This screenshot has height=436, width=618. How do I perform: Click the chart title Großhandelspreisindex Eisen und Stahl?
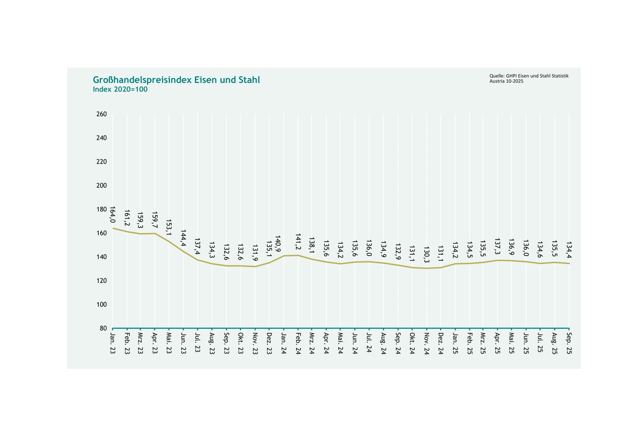(176, 80)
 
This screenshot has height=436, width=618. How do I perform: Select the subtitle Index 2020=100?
(120, 89)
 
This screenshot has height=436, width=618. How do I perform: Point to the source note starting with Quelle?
(529, 78)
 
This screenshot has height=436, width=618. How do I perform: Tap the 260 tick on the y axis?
(101, 114)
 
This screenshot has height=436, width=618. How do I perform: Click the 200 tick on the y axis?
(101, 186)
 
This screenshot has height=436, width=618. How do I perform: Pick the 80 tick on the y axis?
(103, 328)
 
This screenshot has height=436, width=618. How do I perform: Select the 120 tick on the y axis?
(101, 281)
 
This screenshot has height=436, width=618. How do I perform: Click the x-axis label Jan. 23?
(113, 343)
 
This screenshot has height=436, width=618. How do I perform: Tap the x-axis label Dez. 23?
(269, 343)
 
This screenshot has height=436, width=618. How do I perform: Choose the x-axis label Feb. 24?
(298, 343)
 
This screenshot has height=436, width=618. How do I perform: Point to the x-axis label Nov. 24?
(426, 343)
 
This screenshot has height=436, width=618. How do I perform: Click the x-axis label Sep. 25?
(569, 343)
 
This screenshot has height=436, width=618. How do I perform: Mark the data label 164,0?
(112, 215)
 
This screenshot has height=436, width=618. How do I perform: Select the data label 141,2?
(298, 242)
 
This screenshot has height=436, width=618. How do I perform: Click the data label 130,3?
(426, 255)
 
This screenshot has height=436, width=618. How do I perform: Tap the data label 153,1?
(169, 227)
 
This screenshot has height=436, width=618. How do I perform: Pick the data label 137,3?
(497, 247)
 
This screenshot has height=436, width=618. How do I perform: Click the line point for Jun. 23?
(183, 251)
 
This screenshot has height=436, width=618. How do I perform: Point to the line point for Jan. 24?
(284, 256)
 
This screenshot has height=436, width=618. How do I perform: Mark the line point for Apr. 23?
(155, 233)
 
